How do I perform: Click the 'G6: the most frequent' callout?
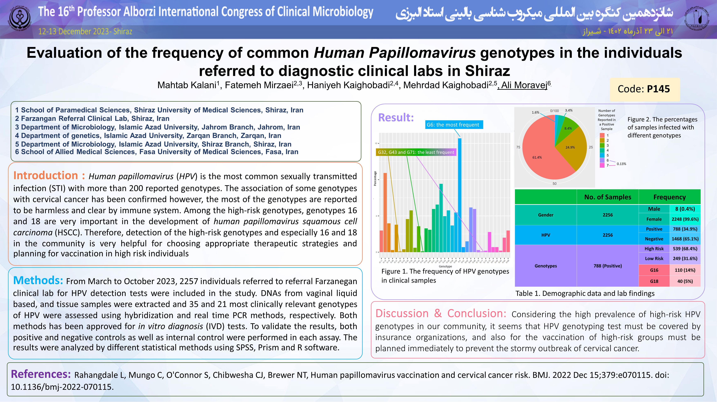pyautogui.click(x=453, y=125)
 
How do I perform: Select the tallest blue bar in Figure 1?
pyautogui.click(x=460, y=195)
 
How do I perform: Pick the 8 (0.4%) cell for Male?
pyautogui.click(x=685, y=209)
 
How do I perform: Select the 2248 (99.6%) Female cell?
pyautogui.click(x=685, y=219)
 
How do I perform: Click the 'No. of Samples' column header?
pyautogui.click(x=608, y=197)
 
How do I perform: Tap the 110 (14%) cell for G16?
pyautogui.click(x=685, y=270)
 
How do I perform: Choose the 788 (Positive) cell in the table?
pyautogui.click(x=608, y=266)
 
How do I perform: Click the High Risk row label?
pyautogui.click(x=654, y=249)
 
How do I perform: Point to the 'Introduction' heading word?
pyautogui.click(x=46, y=176)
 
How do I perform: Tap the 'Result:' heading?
pyautogui.click(x=396, y=117)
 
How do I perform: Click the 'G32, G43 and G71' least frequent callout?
pyautogui.click(x=416, y=152)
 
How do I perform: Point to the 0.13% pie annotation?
pyautogui.click(x=621, y=164)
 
